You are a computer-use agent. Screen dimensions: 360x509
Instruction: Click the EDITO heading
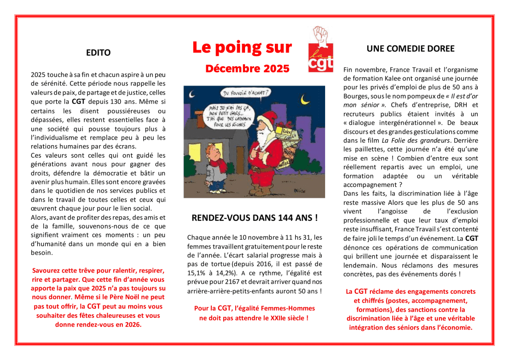pyautogui.click(x=98, y=53)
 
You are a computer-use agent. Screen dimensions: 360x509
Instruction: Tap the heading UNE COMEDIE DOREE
pyautogui.click(x=411, y=49)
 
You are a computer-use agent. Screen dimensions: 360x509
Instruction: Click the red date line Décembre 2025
pyautogui.click(x=248, y=69)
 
